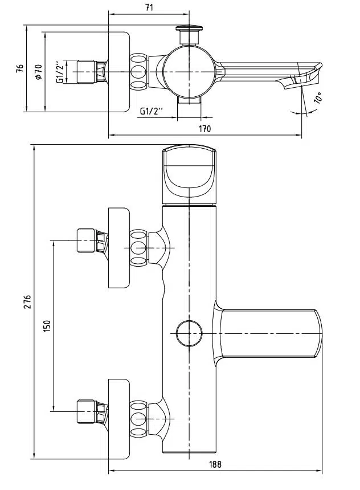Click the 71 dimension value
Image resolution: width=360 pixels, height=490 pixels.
tap(149, 7)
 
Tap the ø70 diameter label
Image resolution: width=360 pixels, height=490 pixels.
tap(38, 71)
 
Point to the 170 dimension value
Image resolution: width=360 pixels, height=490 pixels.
tap(205, 129)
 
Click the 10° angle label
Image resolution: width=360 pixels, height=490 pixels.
tap(317, 98)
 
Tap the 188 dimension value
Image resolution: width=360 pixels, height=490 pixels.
tap(214, 464)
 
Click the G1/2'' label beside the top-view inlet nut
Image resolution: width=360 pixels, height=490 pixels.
tap(60, 72)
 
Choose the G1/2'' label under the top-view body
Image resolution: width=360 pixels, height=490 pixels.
tap(152, 111)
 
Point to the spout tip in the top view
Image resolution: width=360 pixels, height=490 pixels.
tap(310, 71)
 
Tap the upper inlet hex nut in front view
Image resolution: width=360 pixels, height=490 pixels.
tap(87, 240)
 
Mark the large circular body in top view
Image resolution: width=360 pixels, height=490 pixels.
tap(189, 71)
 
